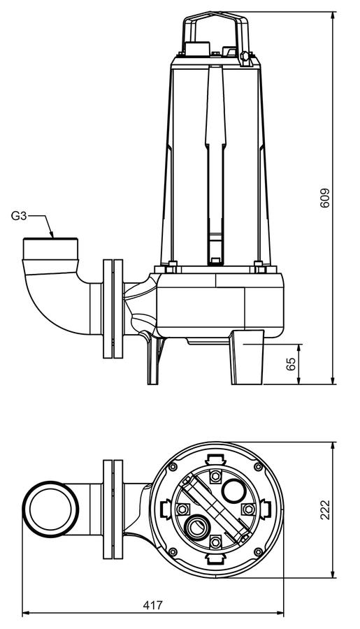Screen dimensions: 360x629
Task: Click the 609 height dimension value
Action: (x=325, y=198)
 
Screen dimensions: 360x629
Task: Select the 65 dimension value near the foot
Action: (x=291, y=363)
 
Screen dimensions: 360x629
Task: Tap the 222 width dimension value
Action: (x=325, y=510)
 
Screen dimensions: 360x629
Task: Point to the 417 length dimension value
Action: (x=153, y=605)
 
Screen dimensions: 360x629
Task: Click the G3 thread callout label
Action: (x=18, y=216)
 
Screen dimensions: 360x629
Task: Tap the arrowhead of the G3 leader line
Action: (x=51, y=235)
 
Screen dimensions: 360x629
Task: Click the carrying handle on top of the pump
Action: (x=217, y=33)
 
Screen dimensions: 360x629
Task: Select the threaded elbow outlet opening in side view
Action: (x=50, y=249)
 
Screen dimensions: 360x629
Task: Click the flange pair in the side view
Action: (x=113, y=308)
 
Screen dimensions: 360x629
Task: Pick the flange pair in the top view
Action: (x=113, y=509)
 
